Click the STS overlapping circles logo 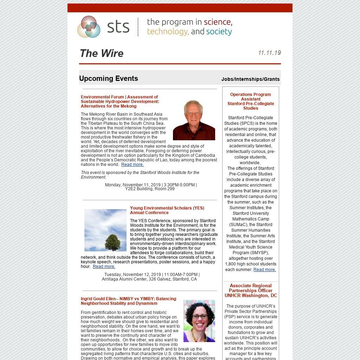point(89,27)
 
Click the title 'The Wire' point(102,53)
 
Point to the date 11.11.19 point(269,53)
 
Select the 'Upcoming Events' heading point(109,78)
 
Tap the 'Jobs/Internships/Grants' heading point(250,79)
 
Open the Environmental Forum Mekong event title point(120,102)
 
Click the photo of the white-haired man point(194,120)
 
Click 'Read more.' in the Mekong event point(133,165)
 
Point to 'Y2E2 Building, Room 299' point(150,189)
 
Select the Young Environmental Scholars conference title point(167,210)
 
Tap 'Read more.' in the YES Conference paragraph point(104,266)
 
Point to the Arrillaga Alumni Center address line point(149,279)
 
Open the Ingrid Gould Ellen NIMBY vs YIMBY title point(128,301)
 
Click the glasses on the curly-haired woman point(200,316)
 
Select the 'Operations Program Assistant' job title point(251,97)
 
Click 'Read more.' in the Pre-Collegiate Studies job point(265,270)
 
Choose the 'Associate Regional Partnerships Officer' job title point(251,288)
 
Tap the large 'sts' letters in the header point(118,27)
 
